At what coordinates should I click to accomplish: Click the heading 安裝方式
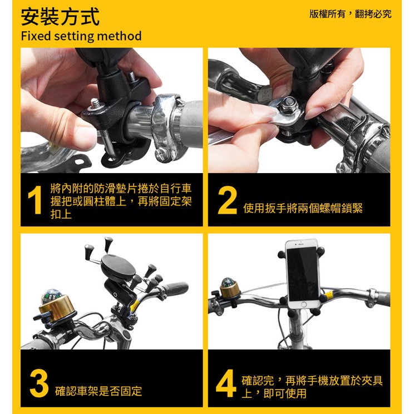point(60,17)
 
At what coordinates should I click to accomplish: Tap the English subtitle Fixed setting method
point(81,36)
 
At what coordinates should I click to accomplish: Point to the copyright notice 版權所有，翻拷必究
point(351,14)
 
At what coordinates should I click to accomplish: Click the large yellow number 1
point(35,200)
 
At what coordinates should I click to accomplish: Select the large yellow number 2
point(228,200)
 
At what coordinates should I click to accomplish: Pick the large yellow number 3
point(39,383)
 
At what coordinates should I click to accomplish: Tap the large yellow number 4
point(226,383)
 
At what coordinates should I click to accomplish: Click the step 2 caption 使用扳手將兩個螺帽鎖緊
point(303,208)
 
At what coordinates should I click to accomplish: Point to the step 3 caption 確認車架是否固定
point(98,391)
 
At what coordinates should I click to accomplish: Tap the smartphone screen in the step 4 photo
point(303,274)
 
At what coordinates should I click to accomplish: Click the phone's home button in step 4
point(304,304)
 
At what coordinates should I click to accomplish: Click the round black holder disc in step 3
point(118,268)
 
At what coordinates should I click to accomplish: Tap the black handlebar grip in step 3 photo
point(175,288)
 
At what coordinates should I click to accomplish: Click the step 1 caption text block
point(121,201)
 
